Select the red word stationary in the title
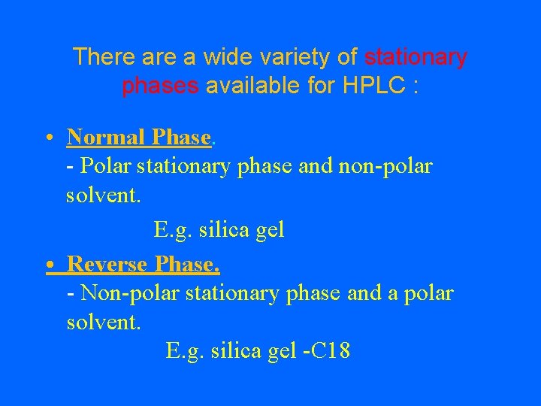click(x=416, y=57)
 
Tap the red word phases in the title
click(x=160, y=86)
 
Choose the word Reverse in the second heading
click(x=107, y=265)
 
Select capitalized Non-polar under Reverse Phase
click(x=122, y=293)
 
